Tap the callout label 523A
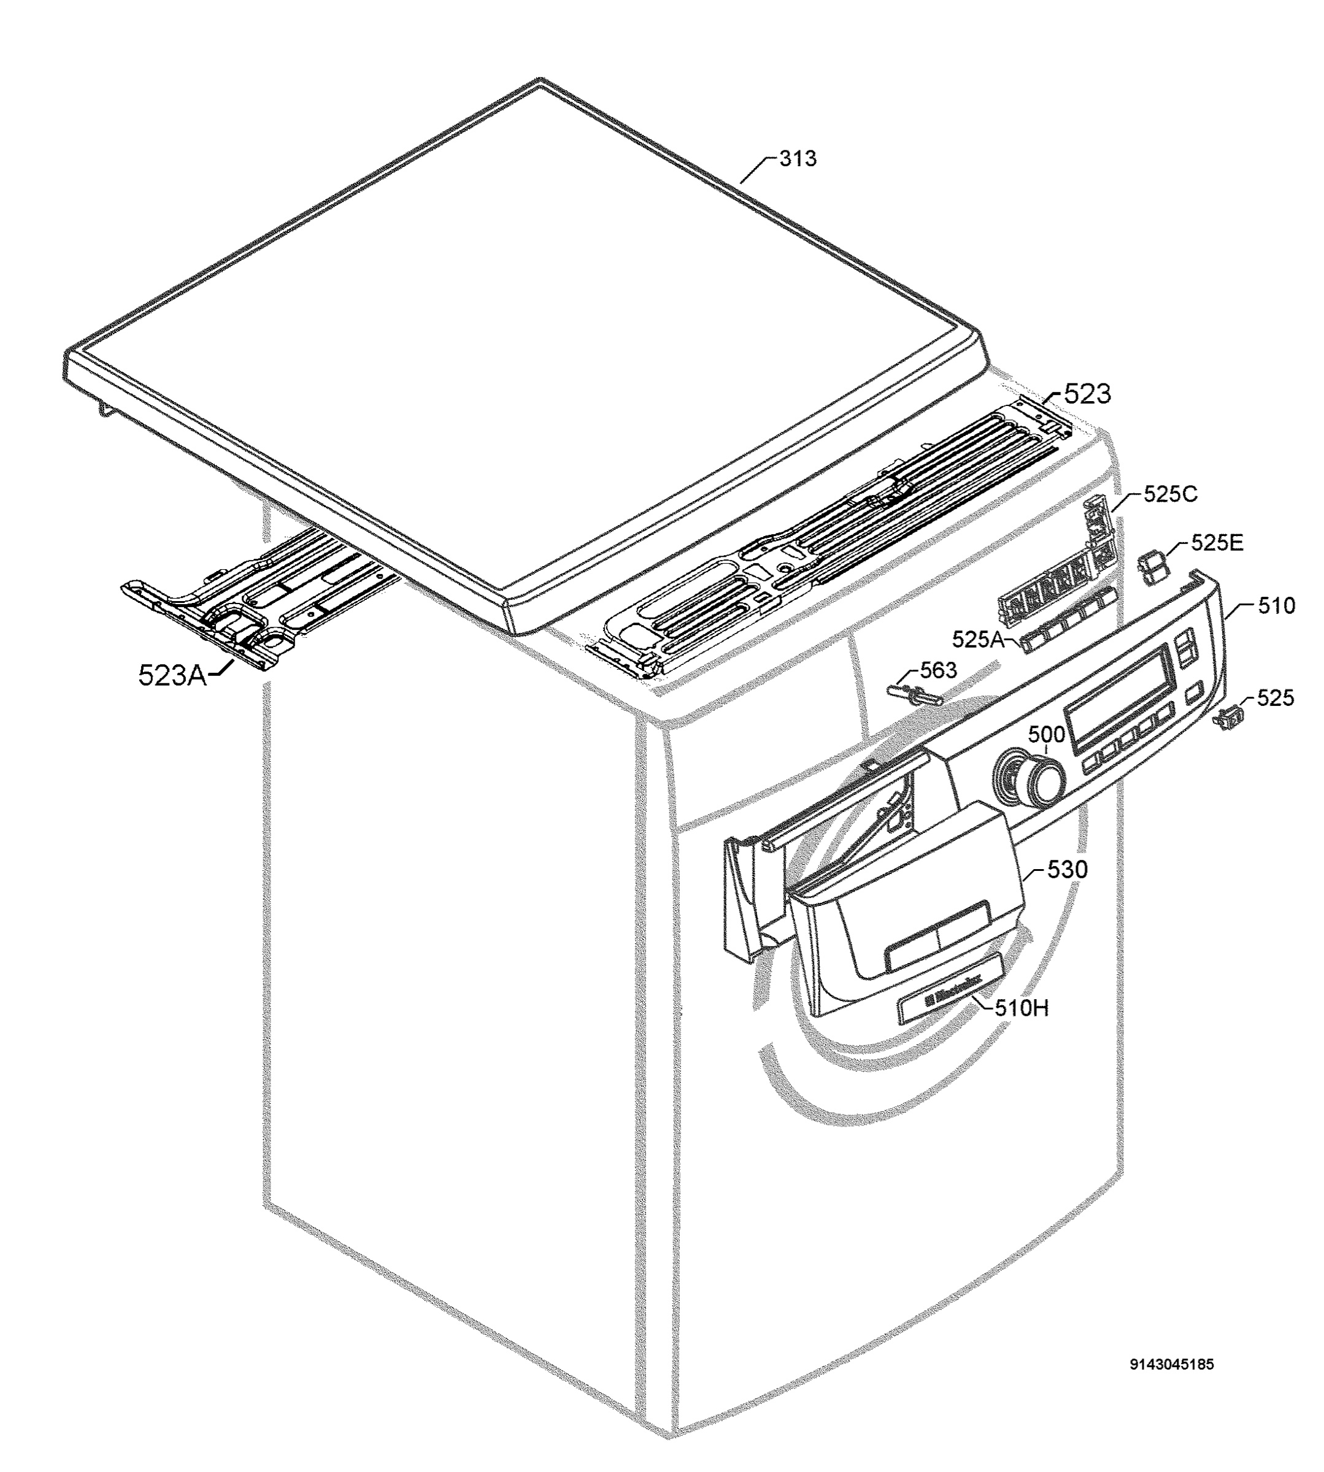click(172, 676)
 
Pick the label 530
click(1067, 869)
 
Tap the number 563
click(939, 670)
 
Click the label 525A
click(979, 640)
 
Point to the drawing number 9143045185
click(1171, 1365)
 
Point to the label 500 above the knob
click(1046, 735)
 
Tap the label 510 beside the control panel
click(1276, 605)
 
